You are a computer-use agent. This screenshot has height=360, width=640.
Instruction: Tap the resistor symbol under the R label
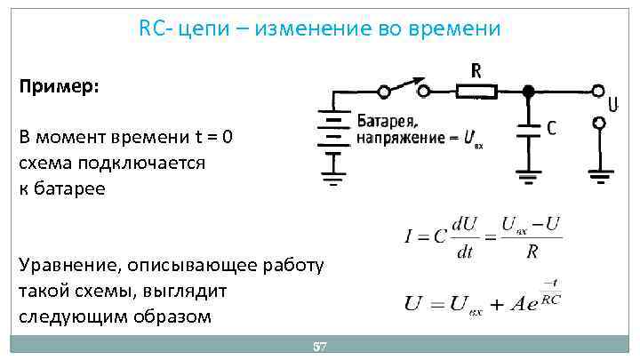pyautogui.click(x=476, y=91)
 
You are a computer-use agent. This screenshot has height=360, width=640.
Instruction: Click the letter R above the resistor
pyautogui.click(x=476, y=69)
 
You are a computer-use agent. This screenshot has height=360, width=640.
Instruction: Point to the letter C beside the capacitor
pyautogui.click(x=552, y=129)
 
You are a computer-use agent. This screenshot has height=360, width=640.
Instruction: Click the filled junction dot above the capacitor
pyautogui.click(x=528, y=91)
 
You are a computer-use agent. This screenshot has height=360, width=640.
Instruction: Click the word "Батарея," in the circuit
pyautogui.click(x=388, y=121)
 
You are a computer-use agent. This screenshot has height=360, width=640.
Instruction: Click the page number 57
pyautogui.click(x=321, y=347)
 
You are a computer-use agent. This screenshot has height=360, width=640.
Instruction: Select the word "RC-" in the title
pyautogui.click(x=156, y=28)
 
